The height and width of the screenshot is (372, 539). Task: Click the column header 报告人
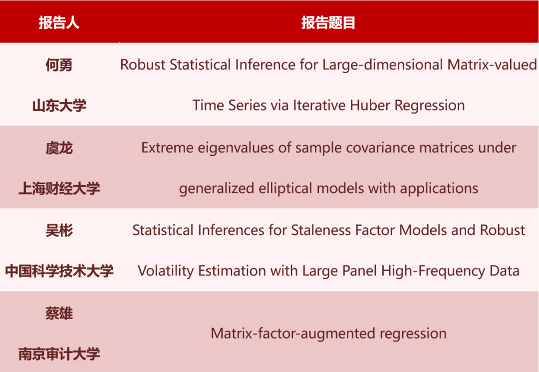[x=59, y=22]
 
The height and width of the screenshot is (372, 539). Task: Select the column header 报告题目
[x=328, y=22]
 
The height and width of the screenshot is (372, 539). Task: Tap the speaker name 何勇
[x=59, y=65]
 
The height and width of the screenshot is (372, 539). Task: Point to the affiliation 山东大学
[x=59, y=105]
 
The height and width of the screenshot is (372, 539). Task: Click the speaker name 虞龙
[x=59, y=148]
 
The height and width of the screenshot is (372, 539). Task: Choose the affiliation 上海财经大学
[x=59, y=188]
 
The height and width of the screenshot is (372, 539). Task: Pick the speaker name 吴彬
[x=59, y=230]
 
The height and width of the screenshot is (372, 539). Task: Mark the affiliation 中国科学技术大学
[x=59, y=271]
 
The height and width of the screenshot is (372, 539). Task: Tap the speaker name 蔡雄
[x=59, y=313]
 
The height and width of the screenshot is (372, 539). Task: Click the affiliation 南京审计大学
[x=59, y=354]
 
